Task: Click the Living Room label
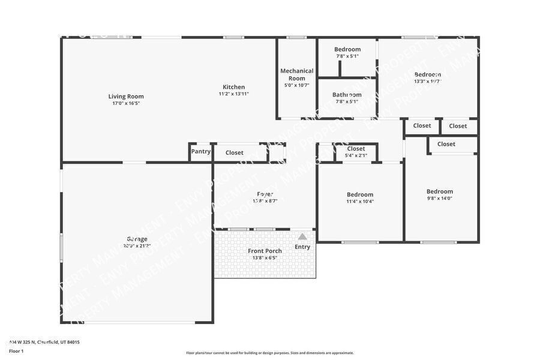(126, 96)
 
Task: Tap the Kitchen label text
(233, 87)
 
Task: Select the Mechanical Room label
(296, 74)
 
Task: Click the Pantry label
(200, 152)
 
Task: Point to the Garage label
(137, 239)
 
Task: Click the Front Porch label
(265, 251)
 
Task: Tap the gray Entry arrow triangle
(302, 236)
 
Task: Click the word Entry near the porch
(302, 247)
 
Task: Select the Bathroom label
(347, 95)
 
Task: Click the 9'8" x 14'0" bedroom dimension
(439, 199)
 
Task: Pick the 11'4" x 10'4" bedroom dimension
(360, 202)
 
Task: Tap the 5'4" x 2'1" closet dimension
(356, 156)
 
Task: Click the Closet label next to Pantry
(235, 153)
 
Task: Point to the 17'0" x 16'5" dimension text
(126, 103)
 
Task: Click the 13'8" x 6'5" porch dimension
(265, 258)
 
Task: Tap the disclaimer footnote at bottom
(269, 353)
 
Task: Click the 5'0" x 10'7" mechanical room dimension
(296, 85)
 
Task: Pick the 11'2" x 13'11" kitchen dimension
(233, 94)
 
